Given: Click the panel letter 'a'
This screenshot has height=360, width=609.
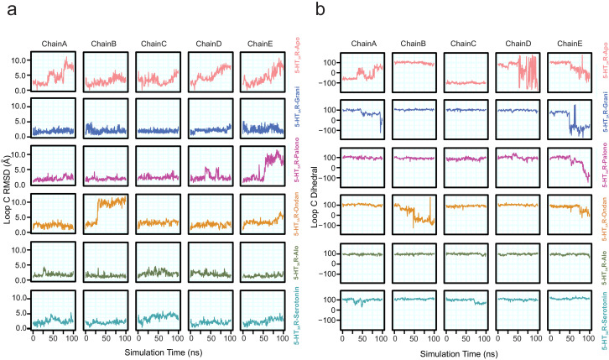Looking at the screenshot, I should tap(8, 9).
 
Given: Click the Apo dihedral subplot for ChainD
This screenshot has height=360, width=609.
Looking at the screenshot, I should tap(519, 72).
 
